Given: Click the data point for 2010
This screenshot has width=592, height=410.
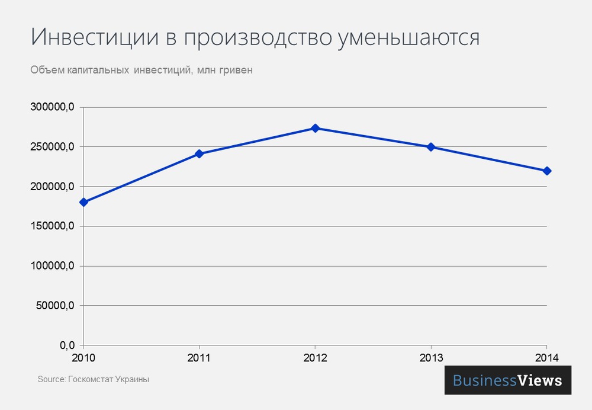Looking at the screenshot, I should [83, 202].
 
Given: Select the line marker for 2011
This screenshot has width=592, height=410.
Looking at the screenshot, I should [199, 154].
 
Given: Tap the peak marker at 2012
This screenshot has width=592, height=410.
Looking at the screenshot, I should [315, 128].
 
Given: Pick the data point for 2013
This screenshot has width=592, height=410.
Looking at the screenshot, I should [431, 147].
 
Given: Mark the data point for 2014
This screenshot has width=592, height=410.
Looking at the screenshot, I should [546, 171].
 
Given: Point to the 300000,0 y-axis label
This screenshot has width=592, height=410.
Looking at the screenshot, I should [52, 107].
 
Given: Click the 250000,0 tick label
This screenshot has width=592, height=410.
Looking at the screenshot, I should [52, 147].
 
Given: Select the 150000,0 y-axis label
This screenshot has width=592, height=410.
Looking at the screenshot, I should [52, 226].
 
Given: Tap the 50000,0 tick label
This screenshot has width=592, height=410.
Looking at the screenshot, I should [54, 306].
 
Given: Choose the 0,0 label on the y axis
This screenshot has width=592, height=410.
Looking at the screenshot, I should [65, 345].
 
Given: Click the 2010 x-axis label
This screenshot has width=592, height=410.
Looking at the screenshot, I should [83, 358].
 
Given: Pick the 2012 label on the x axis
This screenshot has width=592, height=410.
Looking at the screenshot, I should [315, 358].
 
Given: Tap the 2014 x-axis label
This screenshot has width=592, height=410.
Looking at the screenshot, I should [546, 358].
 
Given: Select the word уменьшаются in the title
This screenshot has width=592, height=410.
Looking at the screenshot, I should [408, 38].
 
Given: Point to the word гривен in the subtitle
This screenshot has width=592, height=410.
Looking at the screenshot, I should [236, 71].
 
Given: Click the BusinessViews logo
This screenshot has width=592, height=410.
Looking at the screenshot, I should [507, 380].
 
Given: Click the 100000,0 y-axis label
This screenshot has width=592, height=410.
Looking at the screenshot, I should [52, 266].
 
